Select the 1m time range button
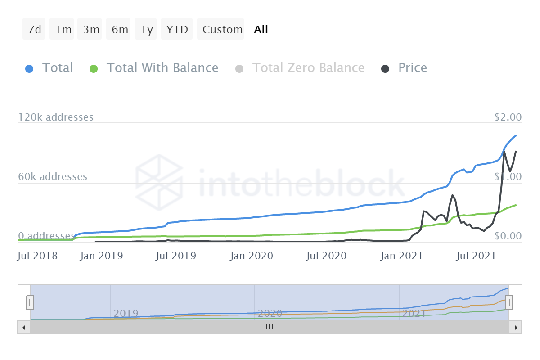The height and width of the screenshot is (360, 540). tap(63, 30)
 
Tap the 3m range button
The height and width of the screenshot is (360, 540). tap(91, 30)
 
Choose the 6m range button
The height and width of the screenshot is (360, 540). tap(120, 30)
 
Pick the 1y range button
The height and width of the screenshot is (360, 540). tap(147, 30)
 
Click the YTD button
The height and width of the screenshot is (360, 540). tap(177, 30)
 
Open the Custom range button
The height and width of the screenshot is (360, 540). tap(222, 30)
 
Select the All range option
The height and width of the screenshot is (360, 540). tap(261, 30)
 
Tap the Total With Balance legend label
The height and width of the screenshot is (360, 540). tap(162, 68)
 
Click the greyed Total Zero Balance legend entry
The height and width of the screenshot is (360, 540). tap(308, 68)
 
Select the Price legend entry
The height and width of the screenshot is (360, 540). tap(412, 68)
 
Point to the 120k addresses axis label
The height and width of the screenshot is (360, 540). tap(56, 117)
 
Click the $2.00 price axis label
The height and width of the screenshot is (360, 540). tap(508, 117)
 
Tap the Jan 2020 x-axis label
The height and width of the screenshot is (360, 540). tap(252, 256)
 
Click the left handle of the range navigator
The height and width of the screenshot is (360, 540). tap(30, 301)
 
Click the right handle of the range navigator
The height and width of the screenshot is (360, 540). tap(509, 301)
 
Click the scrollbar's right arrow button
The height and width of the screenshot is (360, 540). tap(516, 327)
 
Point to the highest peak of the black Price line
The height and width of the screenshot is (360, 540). tap(504, 152)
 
